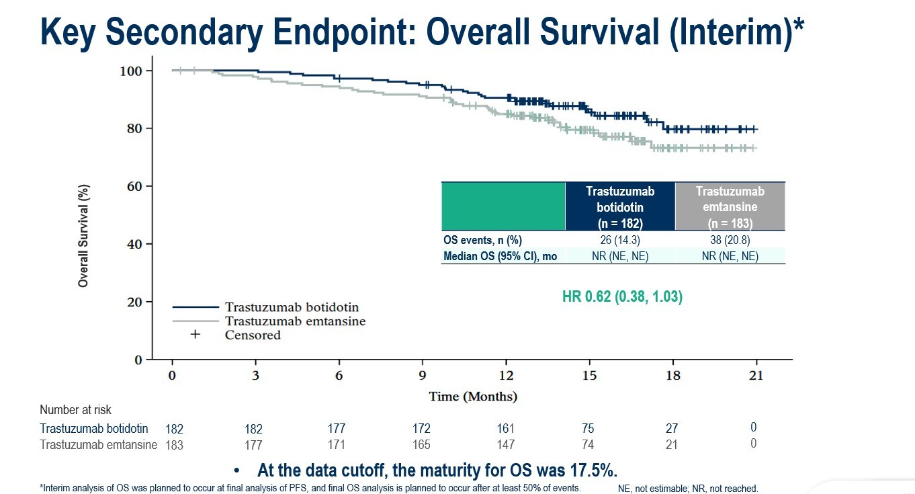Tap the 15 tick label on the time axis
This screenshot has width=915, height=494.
(x=589, y=376)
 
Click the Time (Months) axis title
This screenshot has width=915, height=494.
(x=473, y=397)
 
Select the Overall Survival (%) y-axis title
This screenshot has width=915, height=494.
(x=83, y=236)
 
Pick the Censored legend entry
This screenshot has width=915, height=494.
(x=253, y=335)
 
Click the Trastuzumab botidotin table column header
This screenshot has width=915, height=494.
(x=620, y=207)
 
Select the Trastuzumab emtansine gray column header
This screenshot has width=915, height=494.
(x=730, y=207)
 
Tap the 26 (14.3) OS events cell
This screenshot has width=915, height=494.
(x=620, y=240)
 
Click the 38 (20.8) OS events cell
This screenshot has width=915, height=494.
(x=730, y=240)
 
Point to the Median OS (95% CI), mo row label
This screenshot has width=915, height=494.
(x=500, y=256)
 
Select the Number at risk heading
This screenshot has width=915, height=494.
(x=75, y=409)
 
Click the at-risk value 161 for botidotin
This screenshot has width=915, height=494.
(x=505, y=428)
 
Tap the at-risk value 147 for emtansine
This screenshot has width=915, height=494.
(x=505, y=444)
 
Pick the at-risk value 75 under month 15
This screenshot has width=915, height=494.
(x=589, y=428)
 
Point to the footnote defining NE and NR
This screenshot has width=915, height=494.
(x=687, y=489)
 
